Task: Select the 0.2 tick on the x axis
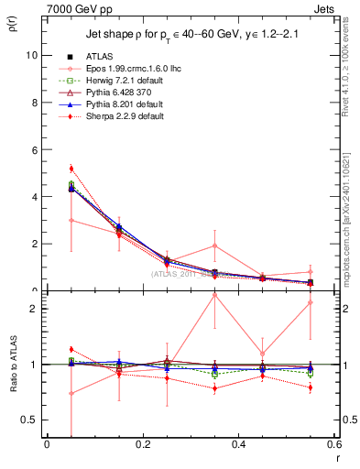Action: [x=142, y=446]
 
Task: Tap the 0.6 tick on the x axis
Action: [x=333, y=446]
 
